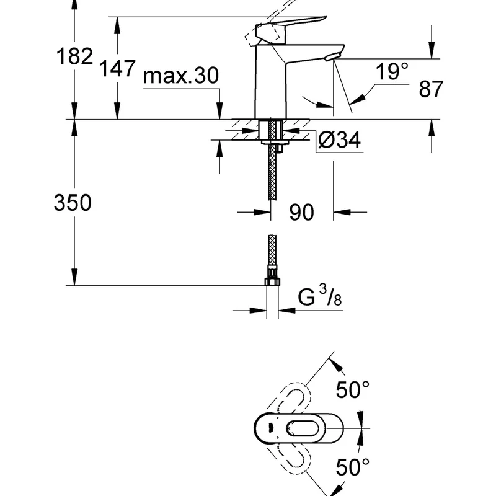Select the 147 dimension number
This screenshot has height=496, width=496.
coord(117,66)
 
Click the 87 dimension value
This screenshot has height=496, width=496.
coord(431,89)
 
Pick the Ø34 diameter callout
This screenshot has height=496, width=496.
coord(339,141)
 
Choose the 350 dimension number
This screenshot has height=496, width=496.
coord(73,203)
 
